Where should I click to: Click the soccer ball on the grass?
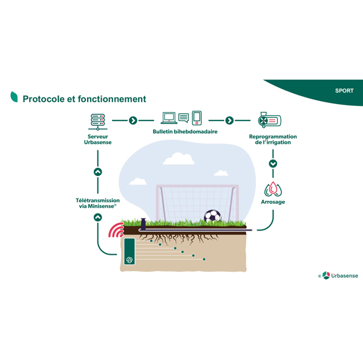pyautogui.click(x=212, y=216)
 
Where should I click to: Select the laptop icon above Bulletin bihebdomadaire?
pyautogui.click(x=168, y=118)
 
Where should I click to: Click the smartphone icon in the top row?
pyautogui.click(x=197, y=117)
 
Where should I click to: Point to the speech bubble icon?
pyautogui.click(x=183, y=117)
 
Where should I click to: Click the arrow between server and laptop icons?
pyautogui.click(x=133, y=120)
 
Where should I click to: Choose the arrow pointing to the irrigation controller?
pyautogui.click(x=229, y=120)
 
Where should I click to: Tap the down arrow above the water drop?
pyautogui.click(x=273, y=163)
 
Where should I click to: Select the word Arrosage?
pyautogui.click(x=273, y=202)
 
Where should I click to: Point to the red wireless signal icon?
pyautogui.click(x=116, y=231)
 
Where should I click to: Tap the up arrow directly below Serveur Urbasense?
pyautogui.click(x=98, y=172)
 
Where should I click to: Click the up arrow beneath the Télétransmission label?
pyautogui.click(x=98, y=217)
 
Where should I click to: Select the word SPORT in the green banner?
pyautogui.click(x=344, y=91)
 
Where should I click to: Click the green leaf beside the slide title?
pyautogui.click(x=14, y=97)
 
